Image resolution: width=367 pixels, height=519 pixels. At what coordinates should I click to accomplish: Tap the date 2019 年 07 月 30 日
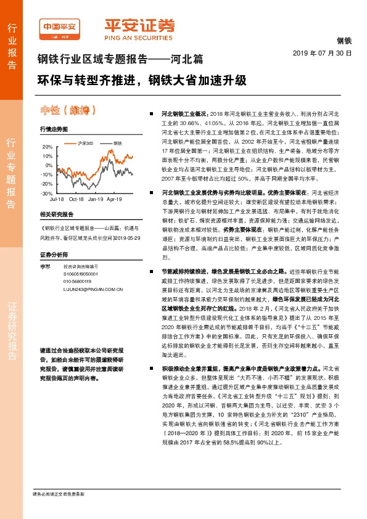pyautogui.click(x=321, y=54)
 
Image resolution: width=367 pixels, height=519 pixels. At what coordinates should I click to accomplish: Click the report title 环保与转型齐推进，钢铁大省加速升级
pyautogui.click(x=142, y=80)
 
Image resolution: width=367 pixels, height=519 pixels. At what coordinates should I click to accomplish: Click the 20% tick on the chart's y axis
pyautogui.click(x=47, y=147)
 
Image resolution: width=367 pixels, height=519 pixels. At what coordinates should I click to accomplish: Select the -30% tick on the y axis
pyautogui.click(x=46, y=193)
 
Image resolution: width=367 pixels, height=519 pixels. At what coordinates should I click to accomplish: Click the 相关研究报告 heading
pyautogui.click(x=56, y=215)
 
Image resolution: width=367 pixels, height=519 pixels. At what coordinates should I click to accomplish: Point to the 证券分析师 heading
pyautogui.click(x=54, y=254)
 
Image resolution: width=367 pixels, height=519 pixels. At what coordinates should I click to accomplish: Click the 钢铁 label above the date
pyautogui.click(x=344, y=41)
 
